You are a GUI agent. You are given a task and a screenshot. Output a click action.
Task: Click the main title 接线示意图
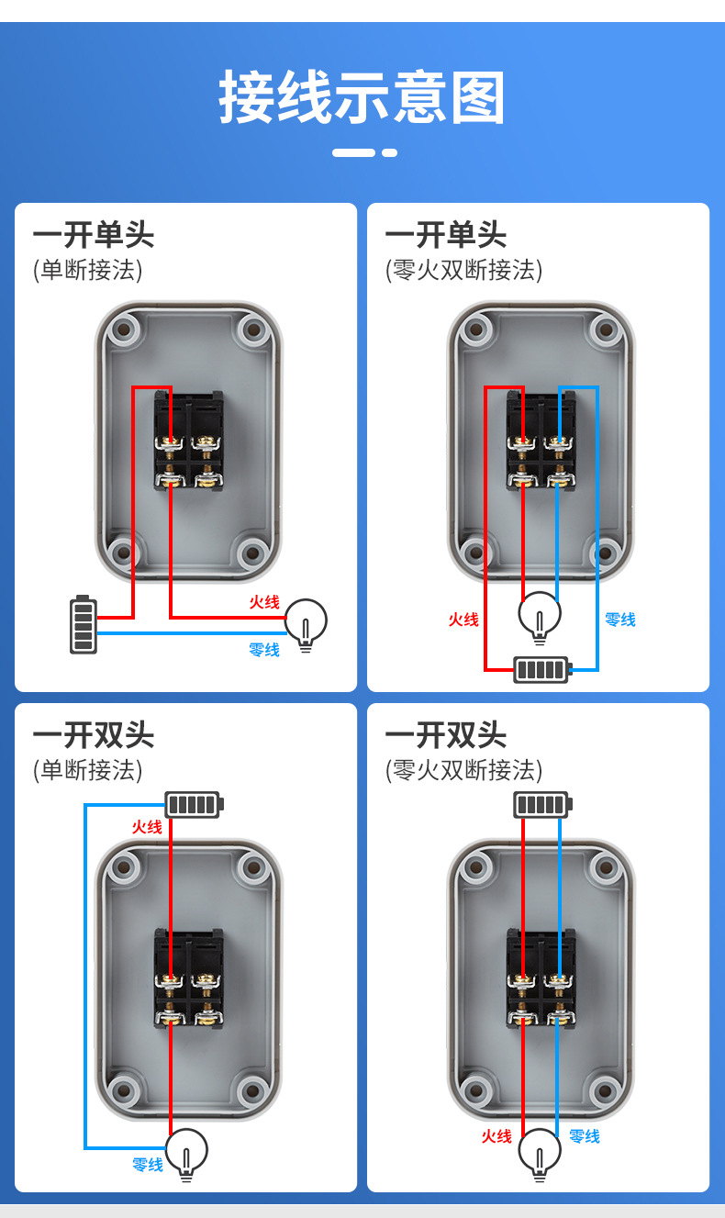pyautogui.click(x=362, y=98)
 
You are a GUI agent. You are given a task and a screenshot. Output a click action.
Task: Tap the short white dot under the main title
pyautogui.click(x=390, y=152)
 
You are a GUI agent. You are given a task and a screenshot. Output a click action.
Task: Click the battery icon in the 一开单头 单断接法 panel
pyautogui.click(x=84, y=625)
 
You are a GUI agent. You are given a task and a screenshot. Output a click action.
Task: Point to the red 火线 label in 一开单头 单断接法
pyautogui.click(x=264, y=602)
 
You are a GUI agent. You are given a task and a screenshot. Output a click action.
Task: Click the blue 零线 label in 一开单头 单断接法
pyautogui.click(x=264, y=650)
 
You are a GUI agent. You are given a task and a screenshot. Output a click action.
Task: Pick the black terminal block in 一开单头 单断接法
pyautogui.click(x=187, y=441)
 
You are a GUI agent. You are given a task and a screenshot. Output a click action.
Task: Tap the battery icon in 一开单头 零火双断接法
pyautogui.click(x=542, y=669)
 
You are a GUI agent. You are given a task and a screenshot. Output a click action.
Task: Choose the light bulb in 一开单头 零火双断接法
pyautogui.click(x=540, y=617)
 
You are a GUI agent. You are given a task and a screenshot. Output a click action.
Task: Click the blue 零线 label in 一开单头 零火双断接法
pyautogui.click(x=620, y=620)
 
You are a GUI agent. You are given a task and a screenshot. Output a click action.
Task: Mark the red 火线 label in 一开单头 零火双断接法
pyautogui.click(x=463, y=620)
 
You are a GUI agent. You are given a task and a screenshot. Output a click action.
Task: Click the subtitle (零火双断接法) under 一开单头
pyautogui.click(x=463, y=270)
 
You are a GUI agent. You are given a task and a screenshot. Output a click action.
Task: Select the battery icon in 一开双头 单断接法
pyautogui.click(x=194, y=804)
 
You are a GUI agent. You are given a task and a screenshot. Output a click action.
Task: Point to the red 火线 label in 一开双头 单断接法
pyautogui.click(x=147, y=827)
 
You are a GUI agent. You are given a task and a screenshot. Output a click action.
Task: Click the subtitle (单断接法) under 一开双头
pyautogui.click(x=88, y=769)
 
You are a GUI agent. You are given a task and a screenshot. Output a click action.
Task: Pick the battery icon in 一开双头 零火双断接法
pyautogui.click(x=542, y=805)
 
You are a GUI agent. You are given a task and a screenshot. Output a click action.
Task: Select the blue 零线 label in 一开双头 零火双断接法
pyautogui.click(x=585, y=1136)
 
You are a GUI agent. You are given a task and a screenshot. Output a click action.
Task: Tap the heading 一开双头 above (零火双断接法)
pyautogui.click(x=445, y=735)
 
